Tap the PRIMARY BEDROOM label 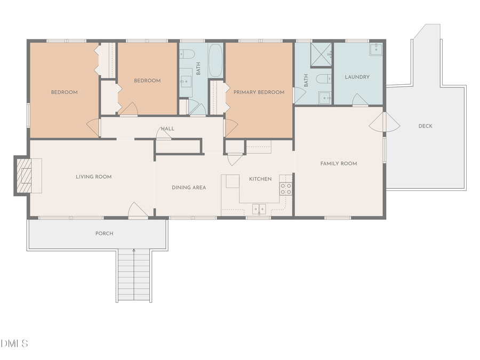coord(259,92)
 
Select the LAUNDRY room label coord(357,77)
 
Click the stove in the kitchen coord(286,188)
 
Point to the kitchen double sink coord(259,209)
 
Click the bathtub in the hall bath coord(215,60)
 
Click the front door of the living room coord(138,211)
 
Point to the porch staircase coord(133,275)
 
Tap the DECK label coord(425,126)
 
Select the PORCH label coord(104,234)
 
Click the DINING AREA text coord(189,188)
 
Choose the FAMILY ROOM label coord(339,164)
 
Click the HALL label coord(168,129)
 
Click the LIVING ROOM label coord(94,177)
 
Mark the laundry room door coord(361,100)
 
